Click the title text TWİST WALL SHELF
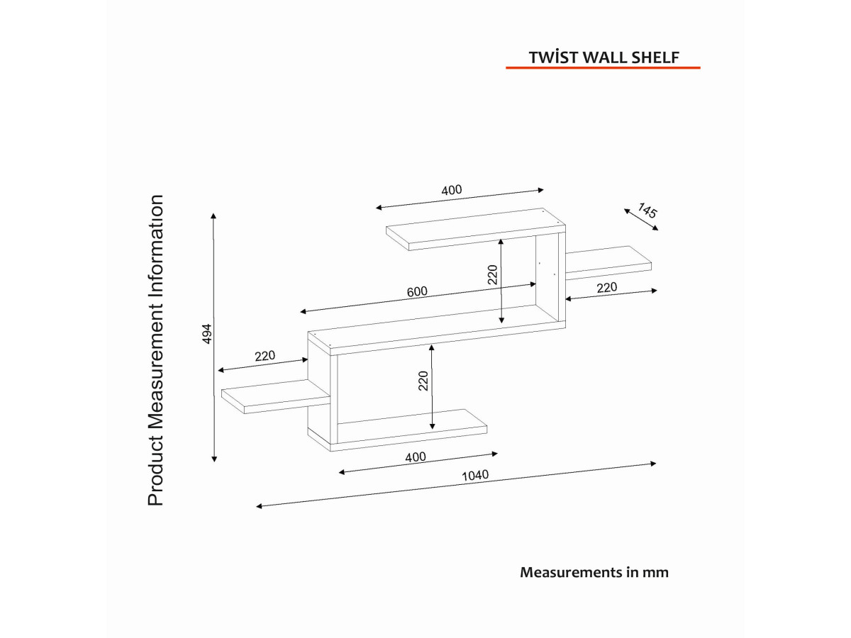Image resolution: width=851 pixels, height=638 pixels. click(604, 57)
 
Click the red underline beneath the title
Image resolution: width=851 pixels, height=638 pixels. click(603, 68)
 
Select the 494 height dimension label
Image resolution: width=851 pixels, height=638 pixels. click(207, 333)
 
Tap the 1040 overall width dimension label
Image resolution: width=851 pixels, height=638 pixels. click(475, 475)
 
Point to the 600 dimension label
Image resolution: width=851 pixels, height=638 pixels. click(417, 291)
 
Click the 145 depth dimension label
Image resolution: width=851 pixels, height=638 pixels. click(647, 211)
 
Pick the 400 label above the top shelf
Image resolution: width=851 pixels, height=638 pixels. click(452, 190)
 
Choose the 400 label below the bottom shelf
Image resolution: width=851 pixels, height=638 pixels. click(416, 457)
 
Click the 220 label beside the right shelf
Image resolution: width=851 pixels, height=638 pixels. click(607, 287)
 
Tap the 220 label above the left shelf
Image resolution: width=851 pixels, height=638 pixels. click(265, 356)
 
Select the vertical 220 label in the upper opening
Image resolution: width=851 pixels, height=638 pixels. click(492, 274)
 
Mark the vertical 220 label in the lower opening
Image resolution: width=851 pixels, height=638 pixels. click(423, 381)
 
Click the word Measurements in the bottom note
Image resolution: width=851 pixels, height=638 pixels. click(571, 573)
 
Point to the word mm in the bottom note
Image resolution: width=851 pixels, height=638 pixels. click(655, 573)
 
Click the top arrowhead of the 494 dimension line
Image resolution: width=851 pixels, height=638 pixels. click(213, 216)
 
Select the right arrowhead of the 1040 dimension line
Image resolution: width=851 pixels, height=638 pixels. click(653, 464)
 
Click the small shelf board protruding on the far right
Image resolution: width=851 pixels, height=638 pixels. click(608, 262)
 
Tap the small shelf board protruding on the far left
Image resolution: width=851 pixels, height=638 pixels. click(276, 396)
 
